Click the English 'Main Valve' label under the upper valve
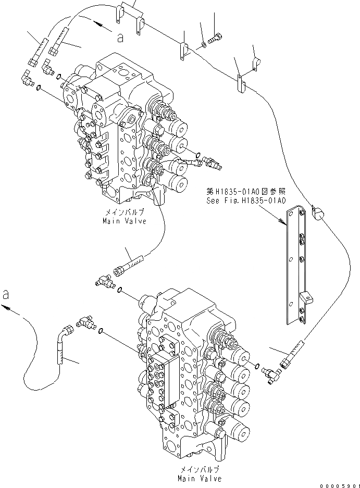click(x=125, y=221)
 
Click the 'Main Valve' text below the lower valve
click(x=199, y=478)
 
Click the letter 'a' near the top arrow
click(x=120, y=37)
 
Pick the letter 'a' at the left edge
click(x=6, y=294)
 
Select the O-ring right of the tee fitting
click(x=120, y=290)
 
